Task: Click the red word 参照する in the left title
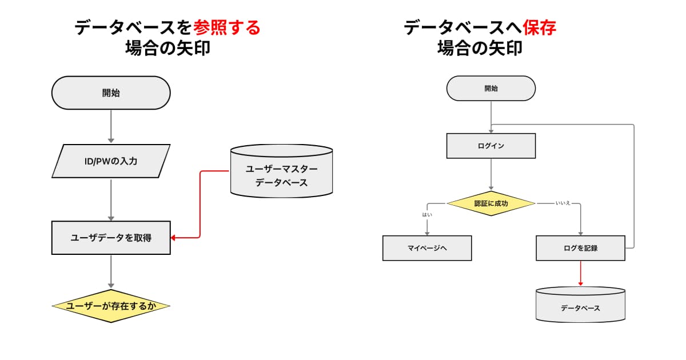point(227,27)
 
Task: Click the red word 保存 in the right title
point(539,27)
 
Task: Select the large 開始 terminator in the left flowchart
point(111,93)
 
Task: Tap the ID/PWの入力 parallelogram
point(111,161)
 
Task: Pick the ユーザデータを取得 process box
point(111,238)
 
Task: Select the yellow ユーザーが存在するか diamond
point(111,306)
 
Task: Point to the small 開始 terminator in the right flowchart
point(490,89)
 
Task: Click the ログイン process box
point(490,146)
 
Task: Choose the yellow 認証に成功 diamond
point(490,203)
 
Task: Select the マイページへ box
point(427,249)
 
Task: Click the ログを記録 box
point(580,249)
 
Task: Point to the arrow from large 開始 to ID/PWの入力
point(111,126)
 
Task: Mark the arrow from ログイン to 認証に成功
point(490,174)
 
